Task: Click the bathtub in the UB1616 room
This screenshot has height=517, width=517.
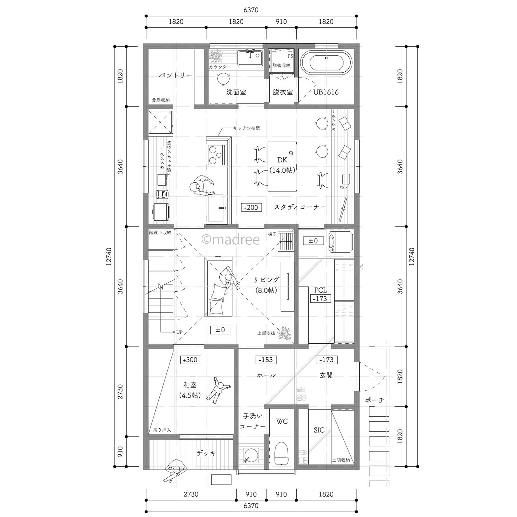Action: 326,63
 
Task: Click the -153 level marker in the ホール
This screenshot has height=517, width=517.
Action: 266,360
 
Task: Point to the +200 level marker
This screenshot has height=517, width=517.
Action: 251,207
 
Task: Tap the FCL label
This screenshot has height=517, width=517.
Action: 320,290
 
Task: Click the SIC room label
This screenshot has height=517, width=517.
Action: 319,430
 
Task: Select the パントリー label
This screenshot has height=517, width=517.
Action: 176,75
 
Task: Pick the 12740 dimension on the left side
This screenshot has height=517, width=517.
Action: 109,256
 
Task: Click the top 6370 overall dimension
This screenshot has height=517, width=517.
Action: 251,10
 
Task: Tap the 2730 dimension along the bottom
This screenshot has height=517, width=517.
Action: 191,494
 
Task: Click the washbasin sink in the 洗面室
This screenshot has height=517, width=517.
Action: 250,58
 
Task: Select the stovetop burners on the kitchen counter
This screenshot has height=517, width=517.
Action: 216,155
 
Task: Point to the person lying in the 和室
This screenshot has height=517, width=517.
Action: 219,389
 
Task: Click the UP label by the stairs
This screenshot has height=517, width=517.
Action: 179,332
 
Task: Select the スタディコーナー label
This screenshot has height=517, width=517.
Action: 300,207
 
